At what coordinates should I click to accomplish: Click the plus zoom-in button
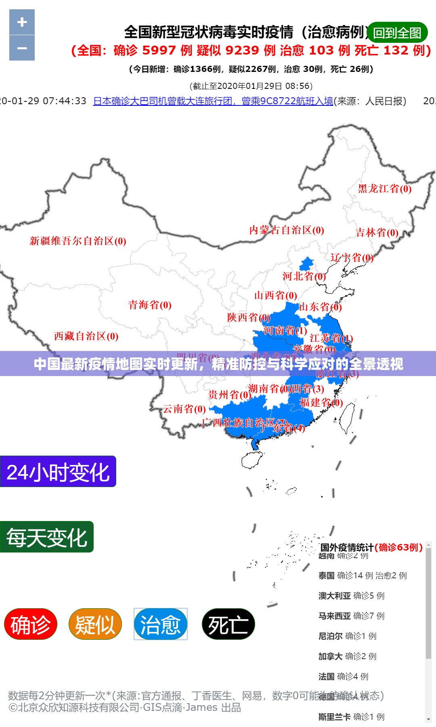22,22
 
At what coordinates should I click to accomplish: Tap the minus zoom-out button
22,48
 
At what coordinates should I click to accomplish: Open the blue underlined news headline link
213,101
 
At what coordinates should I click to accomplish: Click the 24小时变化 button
58,472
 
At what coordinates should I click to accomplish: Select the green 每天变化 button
47,537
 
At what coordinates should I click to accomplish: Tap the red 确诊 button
31,624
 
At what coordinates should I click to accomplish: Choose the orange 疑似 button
95,624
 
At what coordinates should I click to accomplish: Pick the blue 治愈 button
161,624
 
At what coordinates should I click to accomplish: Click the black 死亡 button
228,624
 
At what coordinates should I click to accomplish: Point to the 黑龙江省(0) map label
384,189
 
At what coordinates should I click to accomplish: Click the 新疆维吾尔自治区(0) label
78,242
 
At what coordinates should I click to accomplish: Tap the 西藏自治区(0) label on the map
86,336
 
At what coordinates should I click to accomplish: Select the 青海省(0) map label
150,305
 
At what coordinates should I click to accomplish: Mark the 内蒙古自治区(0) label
287,231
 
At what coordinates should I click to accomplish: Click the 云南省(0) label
184,409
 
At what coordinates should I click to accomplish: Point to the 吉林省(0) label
377,233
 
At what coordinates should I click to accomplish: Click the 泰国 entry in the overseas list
362,576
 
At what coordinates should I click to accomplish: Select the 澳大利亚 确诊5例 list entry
351,596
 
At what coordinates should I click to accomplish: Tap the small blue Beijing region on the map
306,264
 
